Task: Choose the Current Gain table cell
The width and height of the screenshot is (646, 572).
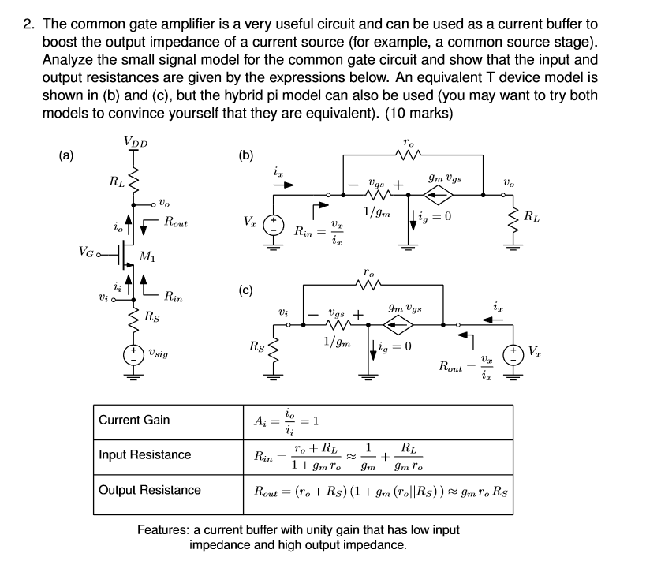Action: (134, 420)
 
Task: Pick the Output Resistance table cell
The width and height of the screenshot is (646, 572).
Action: (150, 490)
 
